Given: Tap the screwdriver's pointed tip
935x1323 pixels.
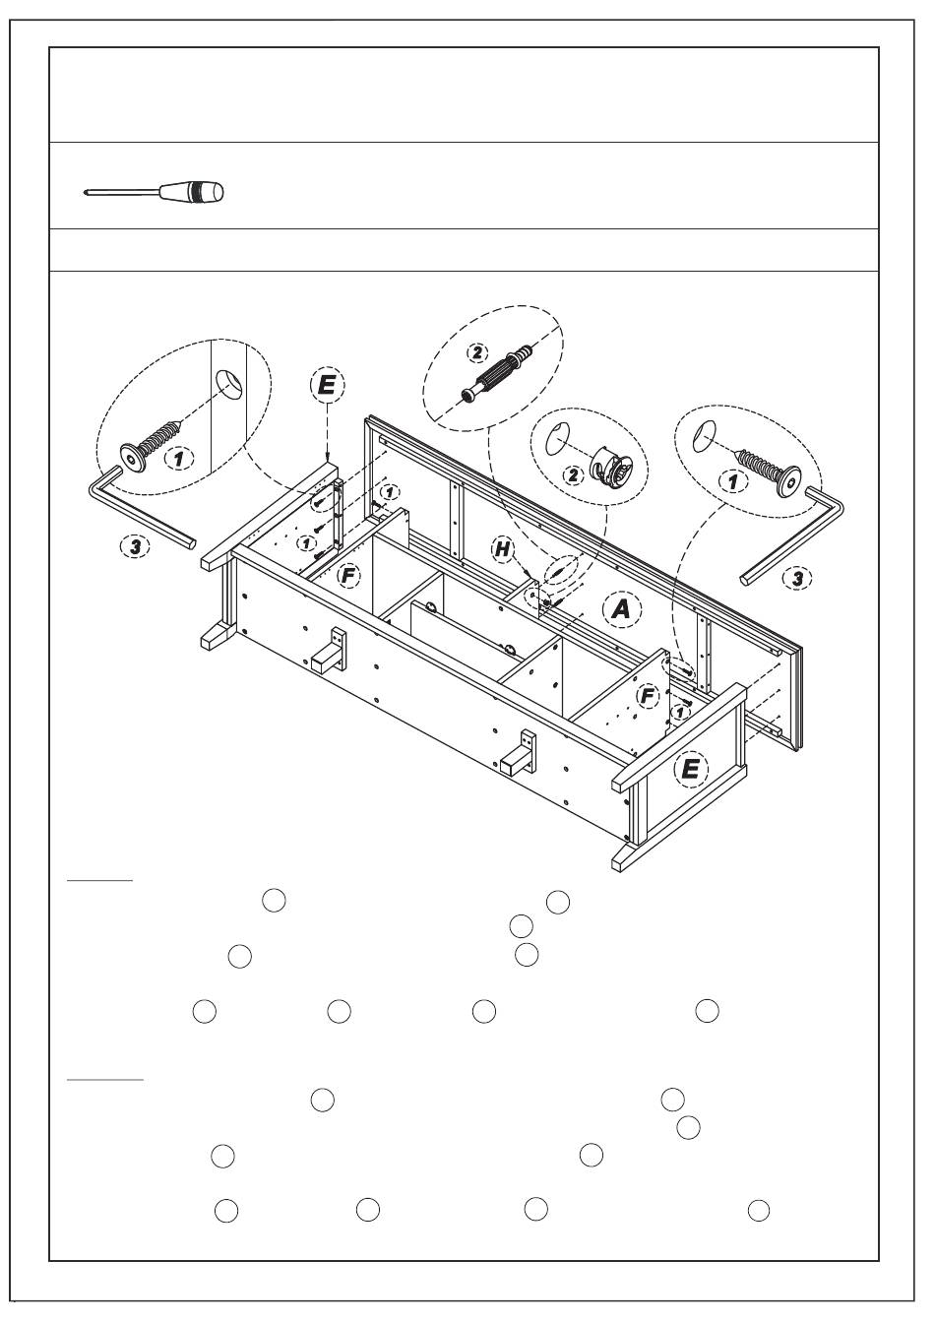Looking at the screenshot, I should coord(88,193).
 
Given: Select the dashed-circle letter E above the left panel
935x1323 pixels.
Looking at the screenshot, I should coord(326,385).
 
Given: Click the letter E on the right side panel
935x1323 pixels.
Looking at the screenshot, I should coord(690,768).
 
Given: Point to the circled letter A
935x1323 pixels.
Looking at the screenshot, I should coord(621,609).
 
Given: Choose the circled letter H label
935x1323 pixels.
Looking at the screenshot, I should coord(504,550).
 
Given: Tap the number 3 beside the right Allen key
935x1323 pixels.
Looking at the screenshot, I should coord(794,578).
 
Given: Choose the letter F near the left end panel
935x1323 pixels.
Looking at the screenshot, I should coord(346,575).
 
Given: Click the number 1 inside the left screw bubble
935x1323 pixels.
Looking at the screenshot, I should coord(178,458).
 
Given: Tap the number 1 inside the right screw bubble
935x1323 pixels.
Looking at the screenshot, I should coord(730,481).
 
